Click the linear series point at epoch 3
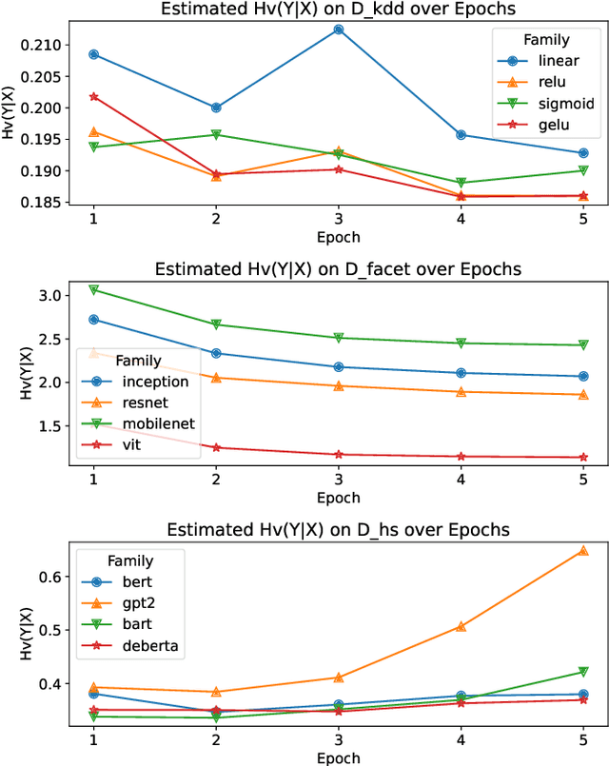pyautogui.click(x=339, y=29)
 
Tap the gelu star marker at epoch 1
pyautogui.click(x=93, y=96)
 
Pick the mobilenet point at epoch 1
pyautogui.click(x=93, y=289)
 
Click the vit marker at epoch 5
pyautogui.click(x=583, y=457)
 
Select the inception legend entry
pyautogui.click(x=143, y=382)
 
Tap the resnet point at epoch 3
pyautogui.click(x=339, y=385)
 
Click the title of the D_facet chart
pyautogui.click(x=339, y=269)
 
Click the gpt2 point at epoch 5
pyautogui.click(x=583, y=550)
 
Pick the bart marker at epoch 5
pyautogui.click(x=583, y=672)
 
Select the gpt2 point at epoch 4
pyautogui.click(x=461, y=626)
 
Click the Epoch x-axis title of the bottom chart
pyautogui.click(x=339, y=757)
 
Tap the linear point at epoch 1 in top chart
pyautogui.click(x=93, y=54)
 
